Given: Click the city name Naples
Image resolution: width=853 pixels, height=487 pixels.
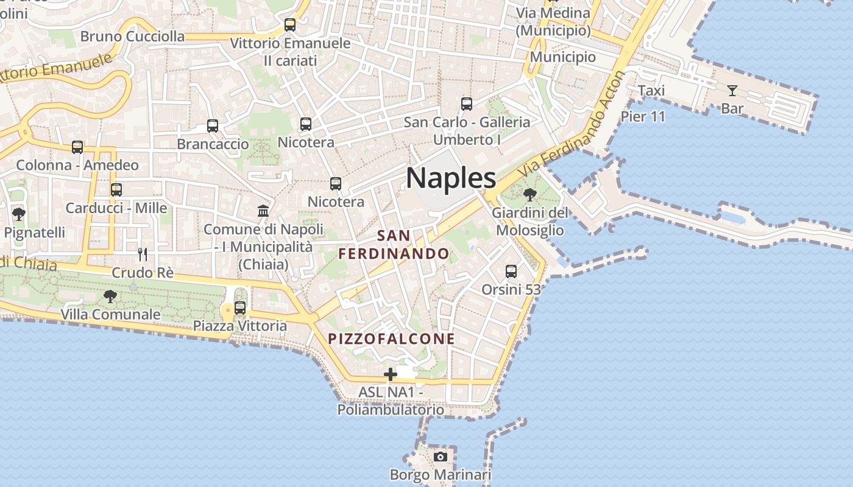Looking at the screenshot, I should pos(451,178).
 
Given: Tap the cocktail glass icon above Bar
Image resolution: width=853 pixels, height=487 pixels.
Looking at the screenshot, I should pos(732,91).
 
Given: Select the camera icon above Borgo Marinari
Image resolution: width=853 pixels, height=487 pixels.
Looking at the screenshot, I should pos(441,457).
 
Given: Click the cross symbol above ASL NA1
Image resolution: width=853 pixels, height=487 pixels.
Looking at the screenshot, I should pos(391,374).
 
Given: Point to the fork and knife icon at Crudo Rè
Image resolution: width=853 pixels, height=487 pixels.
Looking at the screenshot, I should pos(143,254).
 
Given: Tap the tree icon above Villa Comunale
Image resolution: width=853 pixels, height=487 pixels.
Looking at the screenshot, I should pos(110,296).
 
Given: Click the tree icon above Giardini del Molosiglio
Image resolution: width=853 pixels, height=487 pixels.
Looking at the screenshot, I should pos(530,195).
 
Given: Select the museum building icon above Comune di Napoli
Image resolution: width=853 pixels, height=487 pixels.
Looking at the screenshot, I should pos(263,211).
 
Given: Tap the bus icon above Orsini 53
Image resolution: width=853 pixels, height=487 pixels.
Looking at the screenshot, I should pos(511,271).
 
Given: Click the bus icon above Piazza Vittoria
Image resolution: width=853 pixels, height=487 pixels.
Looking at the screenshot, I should pos(240,307).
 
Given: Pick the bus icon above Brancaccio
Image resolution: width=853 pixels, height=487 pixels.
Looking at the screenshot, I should pos(213,125).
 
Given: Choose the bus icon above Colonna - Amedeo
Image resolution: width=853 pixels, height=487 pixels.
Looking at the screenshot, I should pos(77,147).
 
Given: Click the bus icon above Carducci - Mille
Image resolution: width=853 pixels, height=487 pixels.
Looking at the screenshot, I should pos(116,189).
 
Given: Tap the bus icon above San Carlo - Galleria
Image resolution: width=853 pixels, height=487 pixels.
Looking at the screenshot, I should pos(467,103).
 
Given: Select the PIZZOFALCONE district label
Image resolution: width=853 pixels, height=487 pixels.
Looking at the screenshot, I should pos(392,339).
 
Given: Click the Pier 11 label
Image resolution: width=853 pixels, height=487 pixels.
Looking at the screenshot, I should pos(643,116).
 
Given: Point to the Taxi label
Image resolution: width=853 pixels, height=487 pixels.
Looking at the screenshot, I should pos(651,91).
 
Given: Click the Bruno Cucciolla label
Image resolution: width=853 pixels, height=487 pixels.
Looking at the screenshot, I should pos(132,37).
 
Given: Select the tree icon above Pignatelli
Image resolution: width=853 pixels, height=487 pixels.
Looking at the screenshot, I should pos(19,214).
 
